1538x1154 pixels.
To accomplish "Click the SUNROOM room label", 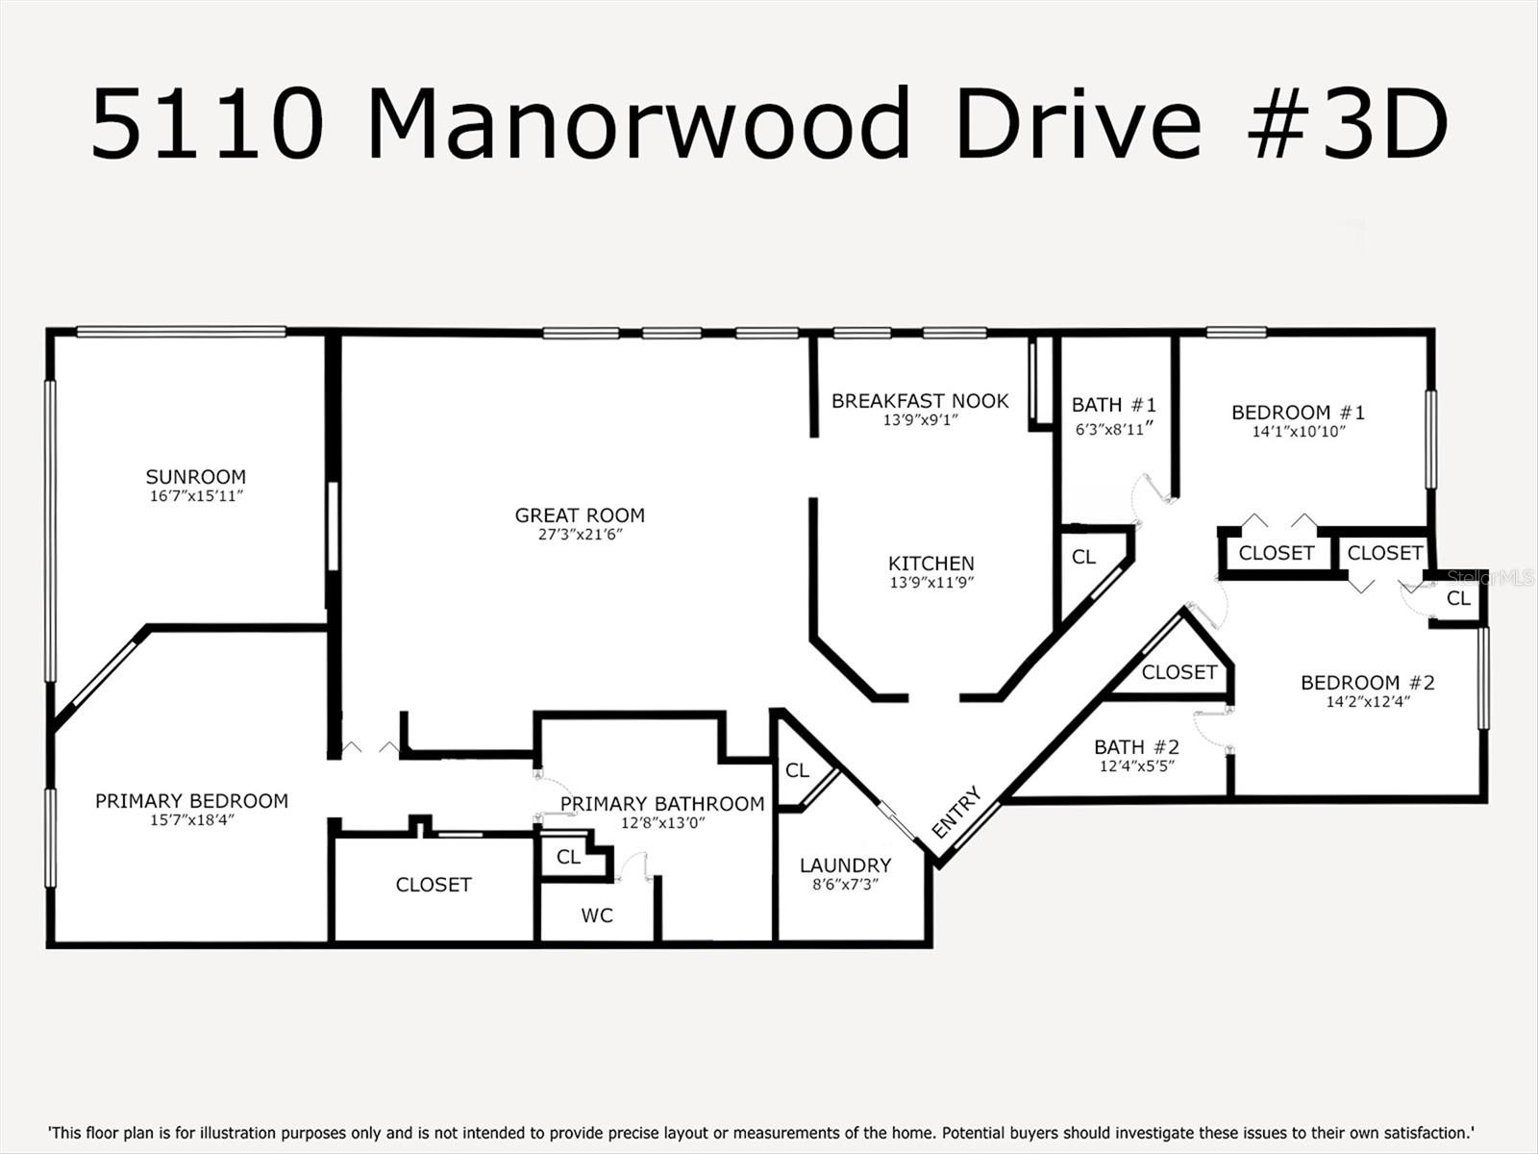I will (195, 477).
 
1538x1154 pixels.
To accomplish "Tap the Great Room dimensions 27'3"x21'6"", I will (580, 535).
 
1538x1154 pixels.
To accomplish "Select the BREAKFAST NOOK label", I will (920, 401).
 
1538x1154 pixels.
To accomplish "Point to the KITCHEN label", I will (930, 564).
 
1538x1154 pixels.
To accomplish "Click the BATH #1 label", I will (1114, 406).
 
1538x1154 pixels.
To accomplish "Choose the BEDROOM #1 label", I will (1298, 413).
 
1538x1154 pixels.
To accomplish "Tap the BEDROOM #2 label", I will (1367, 683).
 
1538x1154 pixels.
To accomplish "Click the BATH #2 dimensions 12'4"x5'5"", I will (1136, 766).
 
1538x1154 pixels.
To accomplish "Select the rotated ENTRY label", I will (956, 813).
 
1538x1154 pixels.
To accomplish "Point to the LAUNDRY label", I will (845, 865).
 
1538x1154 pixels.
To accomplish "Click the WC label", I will (596, 916).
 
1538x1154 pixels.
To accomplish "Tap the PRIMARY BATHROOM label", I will (662, 804).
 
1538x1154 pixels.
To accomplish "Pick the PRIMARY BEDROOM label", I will (191, 801).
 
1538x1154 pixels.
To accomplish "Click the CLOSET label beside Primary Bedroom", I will (434, 885).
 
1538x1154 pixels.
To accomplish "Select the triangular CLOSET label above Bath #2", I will (1179, 672).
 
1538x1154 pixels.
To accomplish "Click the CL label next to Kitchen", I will (1083, 558).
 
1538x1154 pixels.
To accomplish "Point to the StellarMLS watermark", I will (1491, 578).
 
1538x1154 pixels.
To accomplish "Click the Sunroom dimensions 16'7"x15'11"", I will (195, 496).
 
